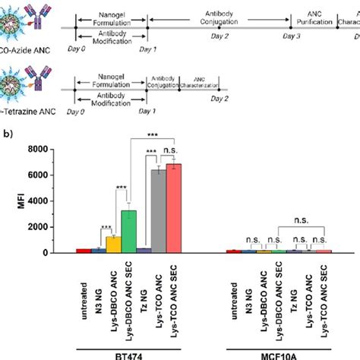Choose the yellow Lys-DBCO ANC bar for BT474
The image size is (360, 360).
pos(114,244)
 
